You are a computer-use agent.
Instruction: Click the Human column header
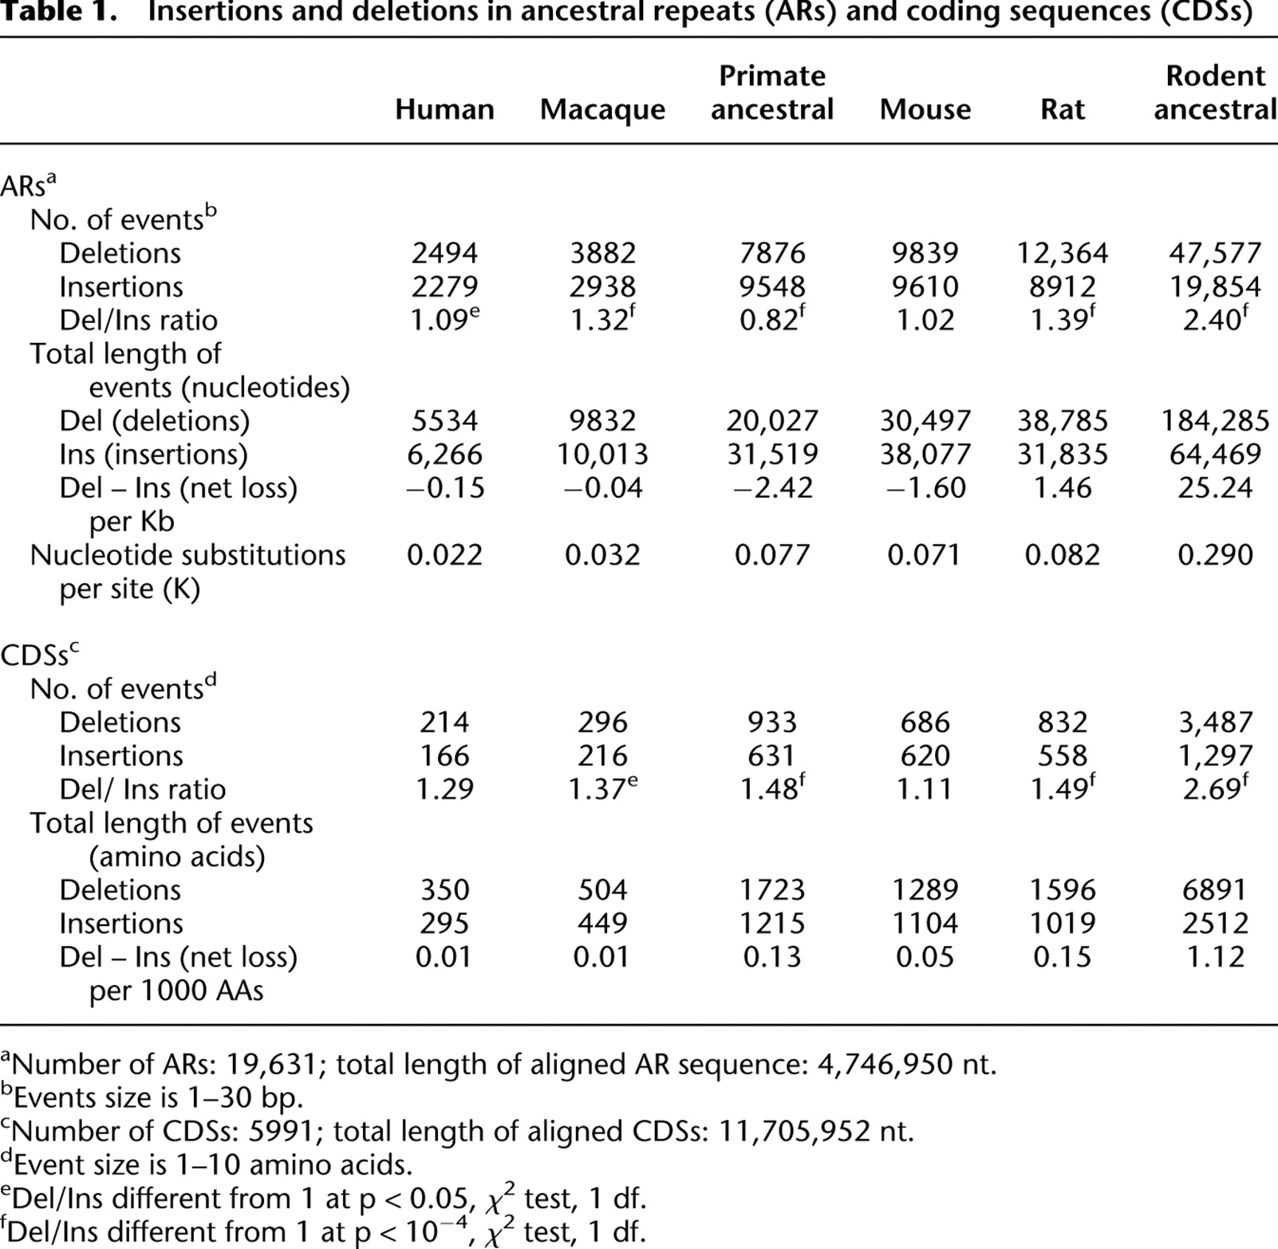coord(444,109)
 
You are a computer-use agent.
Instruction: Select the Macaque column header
coord(602,110)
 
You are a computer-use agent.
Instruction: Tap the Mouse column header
coord(925,109)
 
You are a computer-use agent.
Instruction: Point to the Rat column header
coord(1062,109)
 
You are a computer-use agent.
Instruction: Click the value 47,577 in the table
coord(1215,254)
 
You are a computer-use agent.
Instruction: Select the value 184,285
coord(1215,421)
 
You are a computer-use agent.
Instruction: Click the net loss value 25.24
coord(1215,487)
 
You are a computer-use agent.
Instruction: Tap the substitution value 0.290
coord(1215,555)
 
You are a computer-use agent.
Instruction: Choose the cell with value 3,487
coord(1215,723)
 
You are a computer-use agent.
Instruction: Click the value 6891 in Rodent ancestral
coord(1215,890)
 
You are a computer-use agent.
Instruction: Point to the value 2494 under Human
coord(444,254)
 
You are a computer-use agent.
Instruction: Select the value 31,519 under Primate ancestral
coord(772,455)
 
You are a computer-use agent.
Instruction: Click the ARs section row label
coord(29,185)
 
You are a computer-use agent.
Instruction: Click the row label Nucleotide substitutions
coord(187,555)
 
